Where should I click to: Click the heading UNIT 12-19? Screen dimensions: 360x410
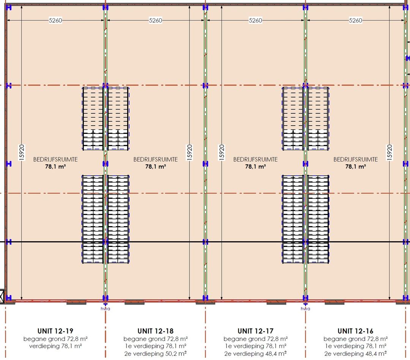(x=55, y=331)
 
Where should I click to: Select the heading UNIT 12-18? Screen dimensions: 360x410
(x=155, y=331)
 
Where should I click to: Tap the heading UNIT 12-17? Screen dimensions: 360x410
(x=255, y=331)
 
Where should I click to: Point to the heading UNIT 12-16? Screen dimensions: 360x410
(x=355, y=331)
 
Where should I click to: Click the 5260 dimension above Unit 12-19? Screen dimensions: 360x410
(x=55, y=20)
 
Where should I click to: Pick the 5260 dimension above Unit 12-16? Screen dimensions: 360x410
(x=356, y=20)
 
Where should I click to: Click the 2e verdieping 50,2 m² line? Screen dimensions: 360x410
(x=155, y=354)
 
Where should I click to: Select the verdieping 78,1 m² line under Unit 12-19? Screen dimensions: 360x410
(x=55, y=346)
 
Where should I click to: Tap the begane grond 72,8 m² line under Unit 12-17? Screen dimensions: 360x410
(x=255, y=339)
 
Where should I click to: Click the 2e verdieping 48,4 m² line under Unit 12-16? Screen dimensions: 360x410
(x=355, y=354)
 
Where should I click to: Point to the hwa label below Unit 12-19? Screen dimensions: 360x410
(x=105, y=308)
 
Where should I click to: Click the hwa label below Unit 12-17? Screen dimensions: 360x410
(x=305, y=308)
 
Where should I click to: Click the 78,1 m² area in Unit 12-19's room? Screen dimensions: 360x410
(x=55, y=166)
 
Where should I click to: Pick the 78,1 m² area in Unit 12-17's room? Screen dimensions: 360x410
(x=255, y=166)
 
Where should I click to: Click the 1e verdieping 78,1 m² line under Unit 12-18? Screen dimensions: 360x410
(x=155, y=346)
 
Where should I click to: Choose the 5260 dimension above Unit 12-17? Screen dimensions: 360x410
(x=255, y=20)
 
